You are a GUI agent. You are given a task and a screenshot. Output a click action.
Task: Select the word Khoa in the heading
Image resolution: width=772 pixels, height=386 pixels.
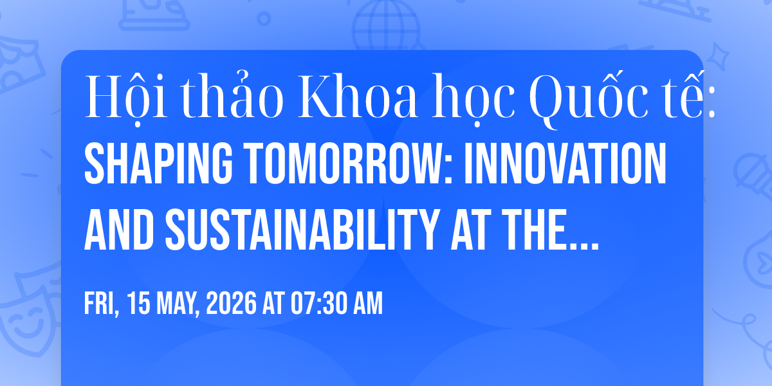click(x=358, y=96)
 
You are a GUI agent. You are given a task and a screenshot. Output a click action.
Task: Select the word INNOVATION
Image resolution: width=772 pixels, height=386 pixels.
click(x=565, y=163)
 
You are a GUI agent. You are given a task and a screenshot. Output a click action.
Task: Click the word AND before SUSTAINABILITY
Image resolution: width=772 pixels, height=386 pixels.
click(x=119, y=229)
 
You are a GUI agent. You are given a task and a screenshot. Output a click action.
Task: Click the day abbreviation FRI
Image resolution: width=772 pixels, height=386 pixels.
click(x=102, y=304)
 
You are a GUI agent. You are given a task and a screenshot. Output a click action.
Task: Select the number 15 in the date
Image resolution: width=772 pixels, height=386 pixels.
click(x=138, y=303)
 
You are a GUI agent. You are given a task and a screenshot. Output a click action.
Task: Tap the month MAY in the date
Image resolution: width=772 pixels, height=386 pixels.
click(x=178, y=304)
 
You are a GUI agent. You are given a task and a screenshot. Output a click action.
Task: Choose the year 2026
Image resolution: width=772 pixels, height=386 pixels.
click(x=231, y=303)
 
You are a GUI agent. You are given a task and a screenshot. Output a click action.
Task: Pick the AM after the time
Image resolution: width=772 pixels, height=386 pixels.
click(x=368, y=303)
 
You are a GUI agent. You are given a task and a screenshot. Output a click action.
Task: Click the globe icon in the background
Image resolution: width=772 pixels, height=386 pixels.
click(x=386, y=25)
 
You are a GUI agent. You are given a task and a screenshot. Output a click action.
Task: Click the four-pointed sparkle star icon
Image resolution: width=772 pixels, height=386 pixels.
click(x=718, y=56)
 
